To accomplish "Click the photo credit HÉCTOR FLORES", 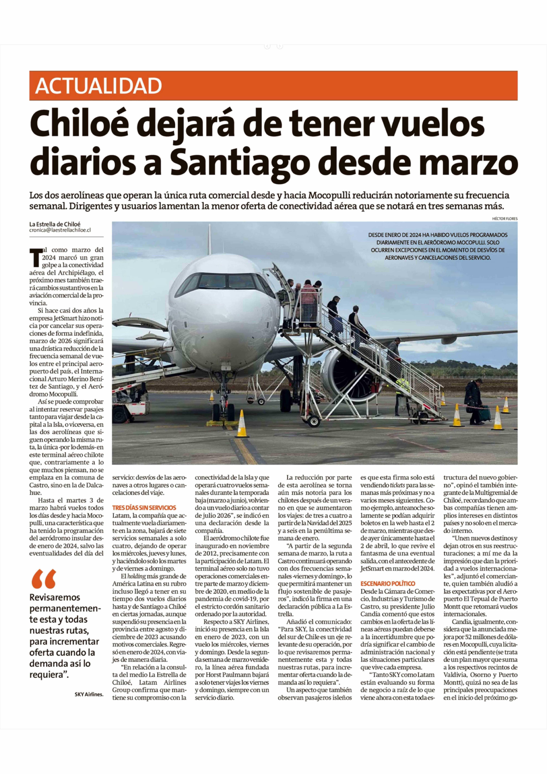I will coord(505,218).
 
